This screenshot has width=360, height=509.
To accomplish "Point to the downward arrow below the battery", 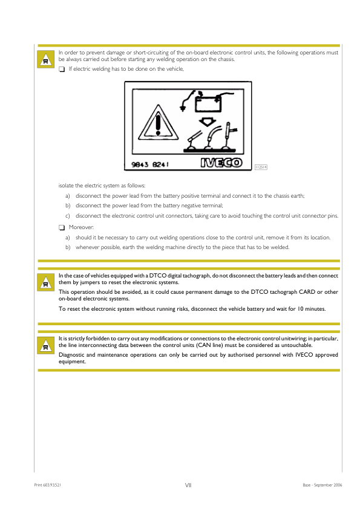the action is coord(210,120).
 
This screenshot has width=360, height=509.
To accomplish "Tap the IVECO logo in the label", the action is coord(221,163).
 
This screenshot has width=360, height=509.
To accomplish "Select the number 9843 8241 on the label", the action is coord(151,163).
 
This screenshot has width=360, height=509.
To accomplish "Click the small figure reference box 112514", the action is coord(261,167).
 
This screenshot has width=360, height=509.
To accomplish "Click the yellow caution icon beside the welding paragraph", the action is coord(45,60).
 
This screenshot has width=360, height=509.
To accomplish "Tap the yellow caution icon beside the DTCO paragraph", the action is coord(45,282).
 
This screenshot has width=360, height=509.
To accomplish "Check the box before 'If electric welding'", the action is coord(62,70).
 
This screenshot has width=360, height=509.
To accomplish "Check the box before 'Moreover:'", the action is coord(62,227).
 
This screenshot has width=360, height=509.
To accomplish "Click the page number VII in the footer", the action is coord(188,485).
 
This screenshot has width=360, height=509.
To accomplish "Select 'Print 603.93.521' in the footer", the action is coord(48,485).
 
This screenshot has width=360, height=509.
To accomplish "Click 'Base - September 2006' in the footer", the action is coord(322,485).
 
